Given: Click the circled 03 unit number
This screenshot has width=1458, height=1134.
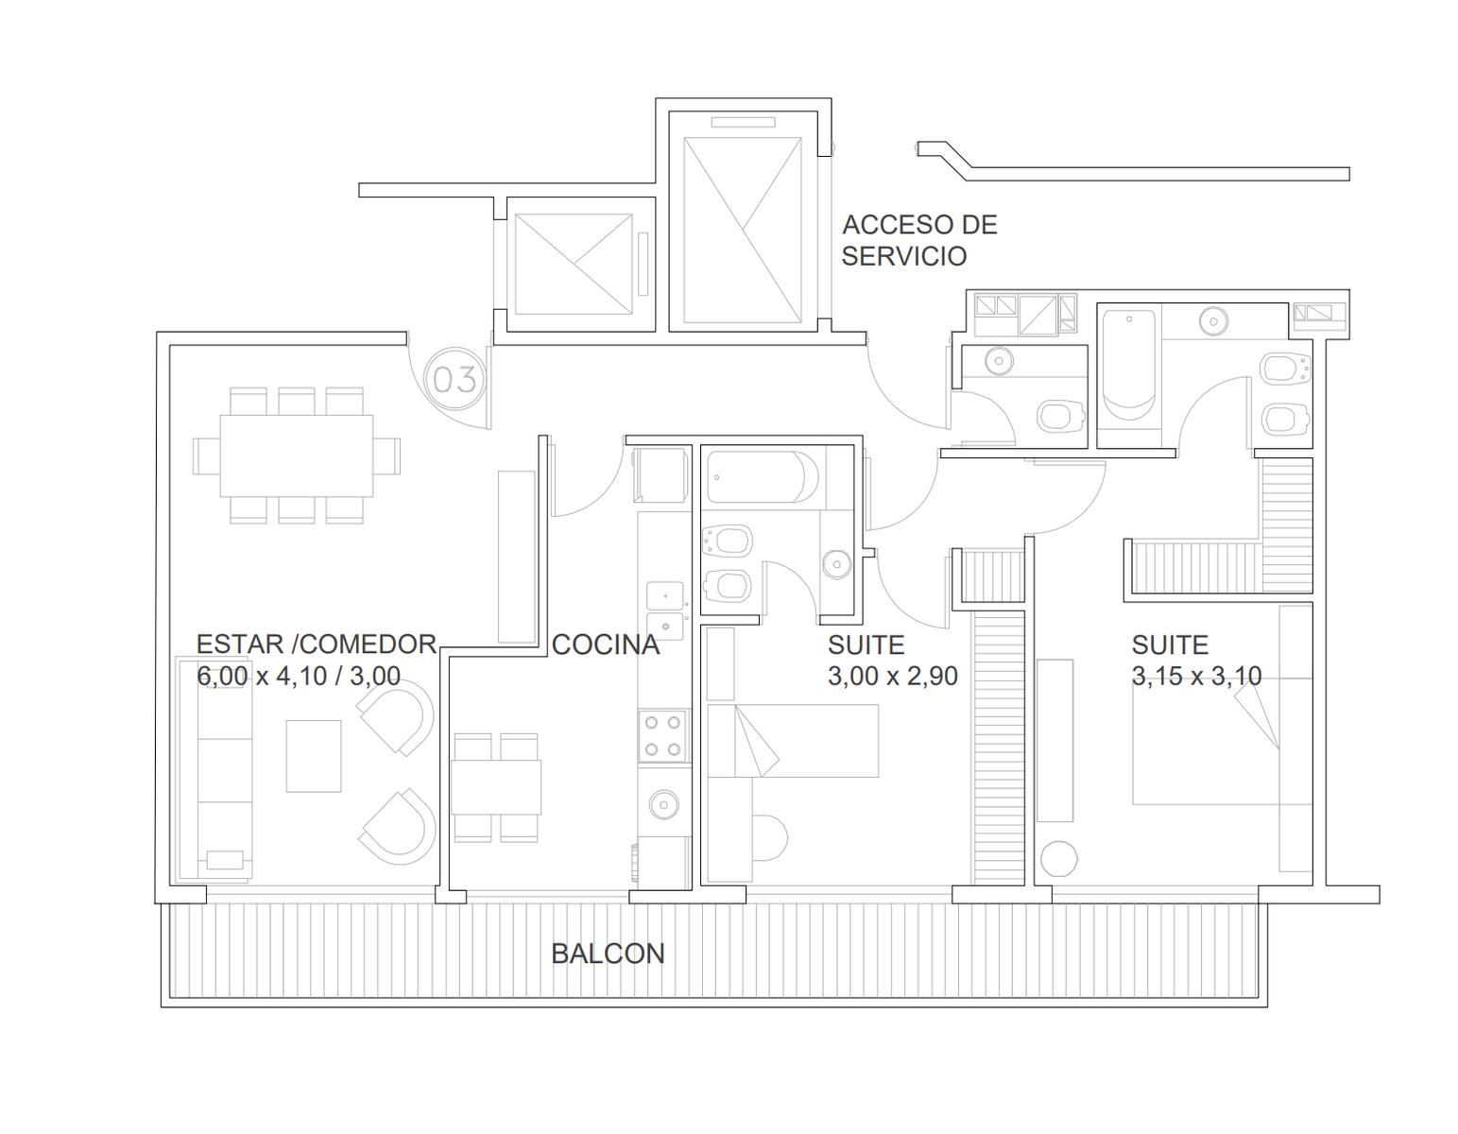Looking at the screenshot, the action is tap(455, 380).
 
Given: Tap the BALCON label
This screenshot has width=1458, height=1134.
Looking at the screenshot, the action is tap(608, 954).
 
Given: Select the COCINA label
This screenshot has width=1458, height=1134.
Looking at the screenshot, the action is tap(605, 644).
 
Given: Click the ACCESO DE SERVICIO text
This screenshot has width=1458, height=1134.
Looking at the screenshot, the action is tap(919, 240).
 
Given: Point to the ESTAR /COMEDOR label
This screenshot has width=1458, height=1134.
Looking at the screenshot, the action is tap(316, 644).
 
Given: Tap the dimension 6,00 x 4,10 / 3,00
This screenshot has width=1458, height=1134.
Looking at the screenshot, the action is tap(299, 676).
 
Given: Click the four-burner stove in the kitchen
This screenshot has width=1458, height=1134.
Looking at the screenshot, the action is tap(663, 735).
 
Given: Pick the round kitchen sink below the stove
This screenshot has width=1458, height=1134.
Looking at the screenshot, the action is tap(663, 803).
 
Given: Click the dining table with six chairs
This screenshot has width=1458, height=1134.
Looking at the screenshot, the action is tap(296, 455).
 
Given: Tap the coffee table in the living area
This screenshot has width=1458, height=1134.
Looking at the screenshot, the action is tap(314, 756).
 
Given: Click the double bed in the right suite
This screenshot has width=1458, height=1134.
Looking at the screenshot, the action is tap(1222, 742).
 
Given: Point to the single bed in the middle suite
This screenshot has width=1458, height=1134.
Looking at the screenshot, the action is tap(793, 741).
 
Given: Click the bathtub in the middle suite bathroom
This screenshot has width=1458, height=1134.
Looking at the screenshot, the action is tap(763, 477).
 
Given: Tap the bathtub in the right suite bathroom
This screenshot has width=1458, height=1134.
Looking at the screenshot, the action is tap(1129, 365).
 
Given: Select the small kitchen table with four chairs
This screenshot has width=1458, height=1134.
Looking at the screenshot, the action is tap(496, 787).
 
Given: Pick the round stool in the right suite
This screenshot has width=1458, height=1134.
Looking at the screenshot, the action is tap(1059, 858).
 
